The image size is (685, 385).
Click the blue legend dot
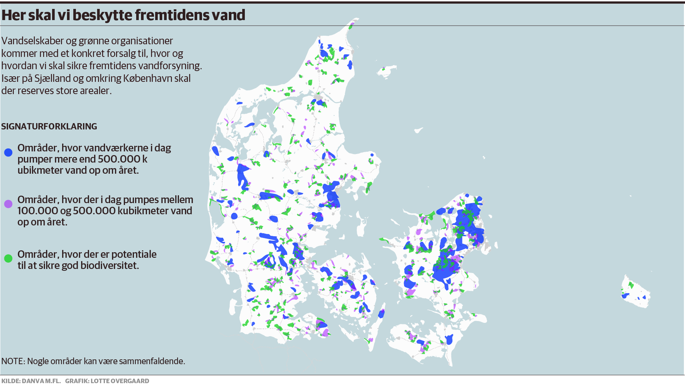[8, 152]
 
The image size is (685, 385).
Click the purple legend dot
[8, 204]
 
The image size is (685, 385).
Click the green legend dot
[8, 258]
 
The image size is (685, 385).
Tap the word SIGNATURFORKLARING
[49, 126]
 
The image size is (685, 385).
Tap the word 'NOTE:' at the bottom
[13, 361]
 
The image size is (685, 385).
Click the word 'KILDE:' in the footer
[11, 381]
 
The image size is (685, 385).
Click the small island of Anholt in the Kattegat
[419, 130]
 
